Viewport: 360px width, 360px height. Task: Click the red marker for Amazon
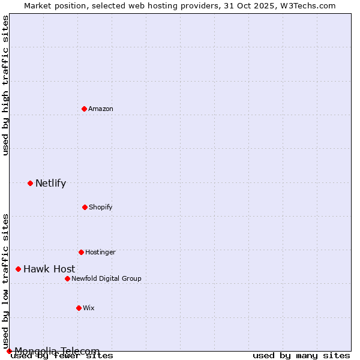85,109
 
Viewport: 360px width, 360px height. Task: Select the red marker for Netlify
30,183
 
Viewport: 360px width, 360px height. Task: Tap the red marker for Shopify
85,207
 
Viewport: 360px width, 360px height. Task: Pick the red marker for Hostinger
81,252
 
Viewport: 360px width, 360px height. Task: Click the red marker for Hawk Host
18,269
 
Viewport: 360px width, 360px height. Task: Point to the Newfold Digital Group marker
67,278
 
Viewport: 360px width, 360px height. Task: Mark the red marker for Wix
79,308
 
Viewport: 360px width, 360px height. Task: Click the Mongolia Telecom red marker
9,351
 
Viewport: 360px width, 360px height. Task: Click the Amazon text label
101,109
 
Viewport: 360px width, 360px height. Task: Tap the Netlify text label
50,183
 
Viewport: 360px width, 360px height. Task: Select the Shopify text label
100,207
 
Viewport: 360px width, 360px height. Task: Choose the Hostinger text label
100,252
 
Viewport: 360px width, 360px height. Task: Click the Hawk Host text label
49,269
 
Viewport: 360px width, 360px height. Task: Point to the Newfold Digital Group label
106,278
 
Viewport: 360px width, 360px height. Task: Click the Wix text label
89,308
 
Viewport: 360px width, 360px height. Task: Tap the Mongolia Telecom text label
57,351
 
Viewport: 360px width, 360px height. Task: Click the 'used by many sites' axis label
301,355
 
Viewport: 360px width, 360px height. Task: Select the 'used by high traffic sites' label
6,85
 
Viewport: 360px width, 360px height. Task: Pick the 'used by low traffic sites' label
6,281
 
